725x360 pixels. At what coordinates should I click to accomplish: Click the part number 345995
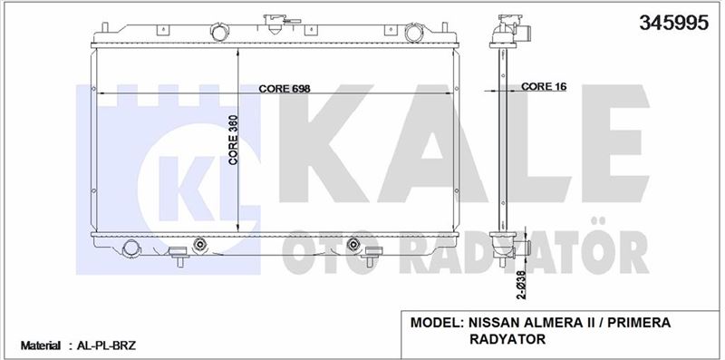click(673, 22)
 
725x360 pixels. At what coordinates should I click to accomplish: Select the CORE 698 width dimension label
click(284, 88)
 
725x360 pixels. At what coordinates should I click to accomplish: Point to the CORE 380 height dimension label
click(233, 140)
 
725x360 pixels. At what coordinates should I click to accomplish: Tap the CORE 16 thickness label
click(543, 86)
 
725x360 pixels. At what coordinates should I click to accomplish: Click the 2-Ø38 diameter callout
click(521, 285)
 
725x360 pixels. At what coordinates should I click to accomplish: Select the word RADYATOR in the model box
click(507, 339)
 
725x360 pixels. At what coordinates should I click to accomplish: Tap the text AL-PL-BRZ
click(106, 345)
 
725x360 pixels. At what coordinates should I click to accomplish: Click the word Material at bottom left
click(40, 345)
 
